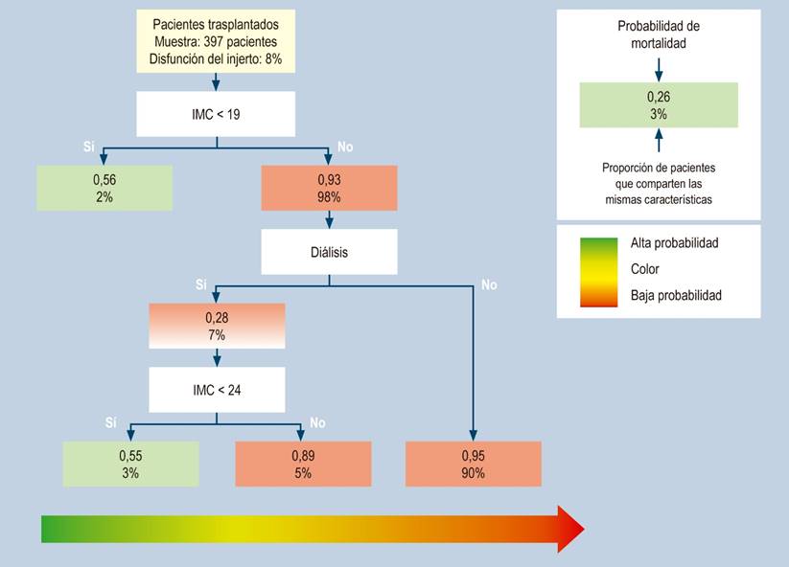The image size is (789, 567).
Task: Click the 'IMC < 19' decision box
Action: click(x=216, y=114)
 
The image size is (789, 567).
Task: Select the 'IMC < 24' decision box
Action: click(x=217, y=390)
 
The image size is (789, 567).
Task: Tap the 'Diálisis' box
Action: click(x=329, y=252)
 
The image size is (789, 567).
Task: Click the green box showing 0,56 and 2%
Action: click(x=104, y=188)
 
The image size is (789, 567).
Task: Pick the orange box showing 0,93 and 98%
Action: click(x=329, y=188)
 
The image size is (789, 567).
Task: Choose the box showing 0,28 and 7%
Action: click(x=217, y=326)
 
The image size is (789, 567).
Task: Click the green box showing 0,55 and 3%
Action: click(x=130, y=464)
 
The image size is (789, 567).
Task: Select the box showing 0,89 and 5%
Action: click(x=303, y=464)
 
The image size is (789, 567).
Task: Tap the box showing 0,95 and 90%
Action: click(x=474, y=464)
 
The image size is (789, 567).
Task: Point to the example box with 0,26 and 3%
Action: click(x=659, y=105)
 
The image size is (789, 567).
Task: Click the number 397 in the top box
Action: click(x=214, y=41)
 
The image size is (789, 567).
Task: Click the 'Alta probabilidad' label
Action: click(x=674, y=243)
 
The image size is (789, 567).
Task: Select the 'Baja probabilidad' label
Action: click(x=676, y=295)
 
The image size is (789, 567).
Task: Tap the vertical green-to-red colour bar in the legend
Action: click(x=599, y=272)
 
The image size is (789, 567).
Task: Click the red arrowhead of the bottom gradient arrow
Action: click(x=571, y=530)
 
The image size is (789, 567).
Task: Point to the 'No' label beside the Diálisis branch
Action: click(x=489, y=285)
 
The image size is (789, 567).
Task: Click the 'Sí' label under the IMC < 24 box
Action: click(x=110, y=422)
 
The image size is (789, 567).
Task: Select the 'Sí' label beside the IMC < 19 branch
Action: click(x=88, y=147)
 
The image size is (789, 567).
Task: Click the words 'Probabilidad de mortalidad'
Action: click(x=659, y=34)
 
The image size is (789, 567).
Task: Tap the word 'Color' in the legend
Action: click(x=644, y=269)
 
